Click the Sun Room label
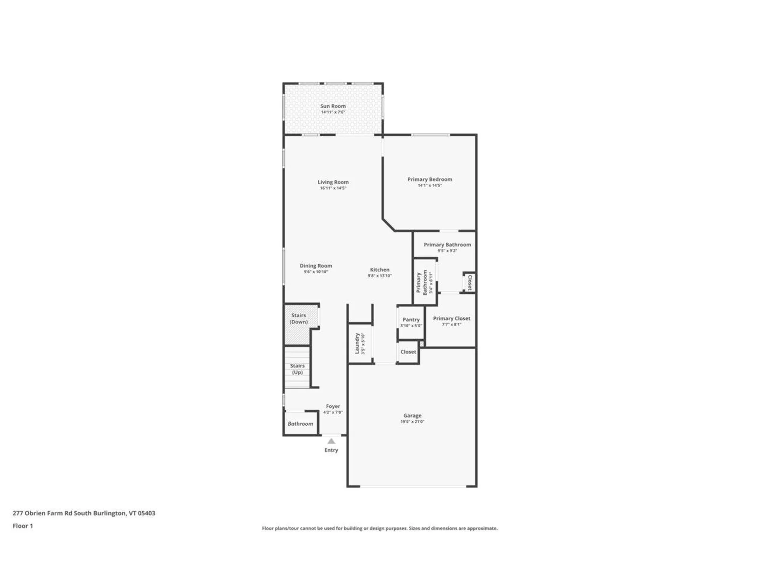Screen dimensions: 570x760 coord(333,106)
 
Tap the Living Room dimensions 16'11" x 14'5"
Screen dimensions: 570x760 coord(333,188)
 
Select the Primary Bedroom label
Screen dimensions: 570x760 coord(429,179)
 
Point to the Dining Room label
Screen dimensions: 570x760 coord(315,266)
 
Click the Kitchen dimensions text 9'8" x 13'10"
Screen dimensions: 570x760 coord(379,276)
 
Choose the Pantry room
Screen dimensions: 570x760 coord(411,322)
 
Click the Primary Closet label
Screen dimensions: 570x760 coord(451,318)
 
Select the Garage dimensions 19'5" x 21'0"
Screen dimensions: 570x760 coord(412,422)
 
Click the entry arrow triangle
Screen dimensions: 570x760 coord(331,441)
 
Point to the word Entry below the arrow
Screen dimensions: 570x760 coord(331,450)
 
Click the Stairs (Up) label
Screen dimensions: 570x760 coord(297,369)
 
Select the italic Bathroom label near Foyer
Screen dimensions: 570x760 coord(300,424)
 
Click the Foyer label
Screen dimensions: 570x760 coord(333,406)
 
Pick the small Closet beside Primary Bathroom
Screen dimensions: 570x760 coord(469,282)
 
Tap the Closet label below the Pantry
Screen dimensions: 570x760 coord(408,352)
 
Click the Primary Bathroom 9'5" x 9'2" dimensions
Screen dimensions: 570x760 coord(447,251)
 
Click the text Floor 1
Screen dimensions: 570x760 coord(23,526)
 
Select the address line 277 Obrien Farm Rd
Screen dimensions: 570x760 coord(84,513)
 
